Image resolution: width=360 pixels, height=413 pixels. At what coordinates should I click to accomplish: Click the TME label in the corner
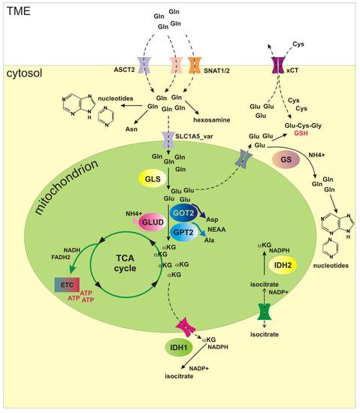click(17, 10)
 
